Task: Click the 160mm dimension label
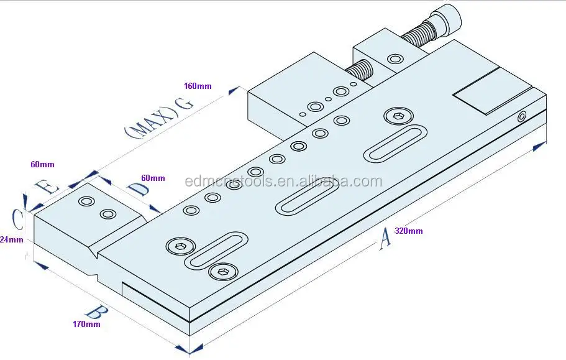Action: tap(198, 86)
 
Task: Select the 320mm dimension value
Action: tap(409, 231)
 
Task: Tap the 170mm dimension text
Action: tap(86, 324)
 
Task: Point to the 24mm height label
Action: tap(11, 239)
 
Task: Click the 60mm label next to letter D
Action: tap(153, 178)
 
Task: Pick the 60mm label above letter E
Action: tap(42, 165)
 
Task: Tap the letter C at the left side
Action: tap(19, 217)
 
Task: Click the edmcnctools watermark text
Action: tap(283, 182)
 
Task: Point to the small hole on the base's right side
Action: tap(522, 116)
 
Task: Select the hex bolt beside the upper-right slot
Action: tap(398, 116)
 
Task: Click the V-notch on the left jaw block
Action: tap(94, 253)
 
